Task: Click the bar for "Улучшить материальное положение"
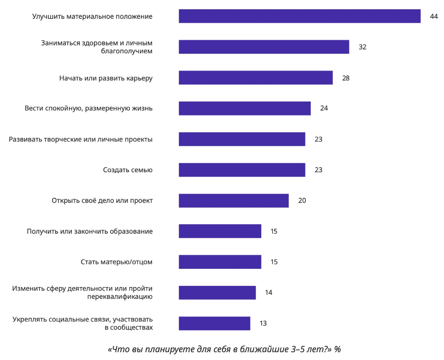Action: [x=299, y=16]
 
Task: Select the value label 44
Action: [x=434, y=17]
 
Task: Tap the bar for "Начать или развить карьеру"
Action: [x=255, y=78]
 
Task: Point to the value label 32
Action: [x=362, y=47]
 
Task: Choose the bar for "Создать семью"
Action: [x=242, y=170]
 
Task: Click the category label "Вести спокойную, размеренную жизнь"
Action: [x=88, y=109]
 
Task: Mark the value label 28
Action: [x=346, y=78]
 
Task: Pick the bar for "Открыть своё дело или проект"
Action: [x=233, y=201]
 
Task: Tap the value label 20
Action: [x=302, y=201]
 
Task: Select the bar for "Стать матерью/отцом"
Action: [x=220, y=262]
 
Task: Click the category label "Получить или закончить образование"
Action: [x=90, y=231]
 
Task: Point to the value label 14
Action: [x=269, y=293]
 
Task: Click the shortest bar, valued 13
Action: [x=214, y=323]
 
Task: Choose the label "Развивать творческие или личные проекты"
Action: [x=81, y=140]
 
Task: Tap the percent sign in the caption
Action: [x=337, y=349]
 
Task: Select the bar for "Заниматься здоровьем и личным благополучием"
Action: [x=264, y=47]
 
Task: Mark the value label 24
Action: [x=324, y=109]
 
